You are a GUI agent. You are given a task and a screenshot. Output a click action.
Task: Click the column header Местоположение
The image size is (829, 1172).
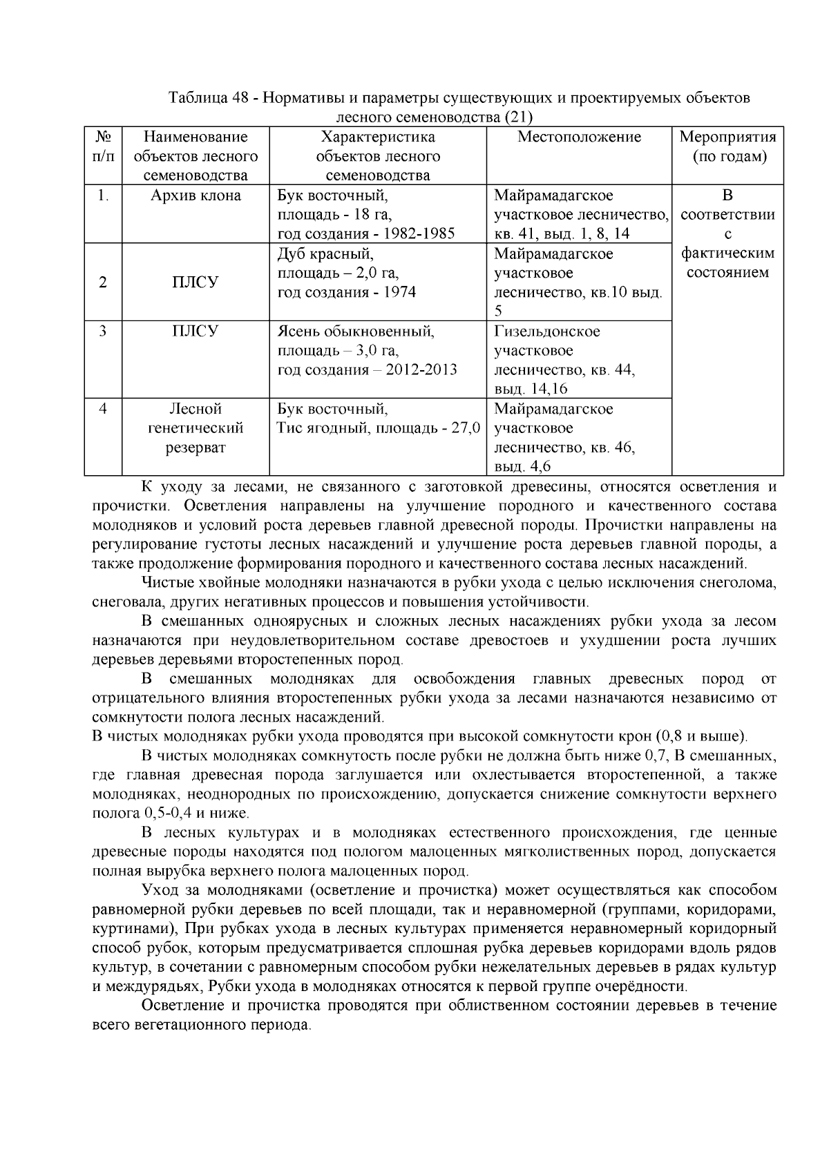tap(579, 137)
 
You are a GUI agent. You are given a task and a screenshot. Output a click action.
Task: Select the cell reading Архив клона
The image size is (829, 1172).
tap(196, 195)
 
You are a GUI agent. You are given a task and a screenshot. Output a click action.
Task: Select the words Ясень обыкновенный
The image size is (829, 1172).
tap(356, 332)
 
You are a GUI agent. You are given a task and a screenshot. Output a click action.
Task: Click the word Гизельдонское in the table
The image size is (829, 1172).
tap(547, 332)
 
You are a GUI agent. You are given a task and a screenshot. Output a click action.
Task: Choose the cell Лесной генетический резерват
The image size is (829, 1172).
tap(196, 428)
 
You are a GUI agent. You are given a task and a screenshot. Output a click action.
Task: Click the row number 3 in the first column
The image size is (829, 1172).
tap(103, 331)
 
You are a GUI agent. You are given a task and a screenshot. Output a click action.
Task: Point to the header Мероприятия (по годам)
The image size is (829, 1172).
tap(728, 146)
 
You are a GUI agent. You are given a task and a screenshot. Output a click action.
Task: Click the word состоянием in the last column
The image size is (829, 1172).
tap(728, 272)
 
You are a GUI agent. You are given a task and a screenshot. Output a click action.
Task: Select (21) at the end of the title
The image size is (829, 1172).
tap(520, 117)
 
